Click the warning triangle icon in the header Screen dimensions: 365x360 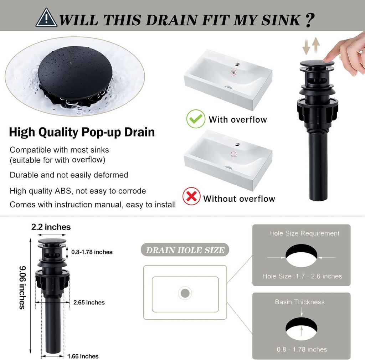coord(46,18)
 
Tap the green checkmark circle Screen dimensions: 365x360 coord(196,119)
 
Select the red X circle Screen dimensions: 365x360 coord(191,196)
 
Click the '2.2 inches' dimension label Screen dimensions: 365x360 coord(51,227)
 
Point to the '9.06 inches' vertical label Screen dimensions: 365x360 coord(22,288)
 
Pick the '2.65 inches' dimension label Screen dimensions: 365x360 coord(89,302)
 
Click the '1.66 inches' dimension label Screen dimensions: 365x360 coord(83,356)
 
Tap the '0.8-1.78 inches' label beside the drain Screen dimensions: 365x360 coord(92,252)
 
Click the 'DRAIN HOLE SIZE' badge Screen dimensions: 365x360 coord(185,250)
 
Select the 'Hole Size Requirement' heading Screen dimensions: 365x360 coord(304,233)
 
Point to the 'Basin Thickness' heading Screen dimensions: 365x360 coord(299,302)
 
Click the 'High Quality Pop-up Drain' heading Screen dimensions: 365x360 coord(82,132)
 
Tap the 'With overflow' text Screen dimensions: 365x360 coord(238,120)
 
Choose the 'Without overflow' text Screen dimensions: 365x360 coord(239,199)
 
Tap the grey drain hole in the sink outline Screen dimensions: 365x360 coord(185,293)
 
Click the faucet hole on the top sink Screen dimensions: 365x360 coord(237,64)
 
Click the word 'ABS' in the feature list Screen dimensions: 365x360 coord(63,191)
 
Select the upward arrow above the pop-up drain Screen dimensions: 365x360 coord(316,45)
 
